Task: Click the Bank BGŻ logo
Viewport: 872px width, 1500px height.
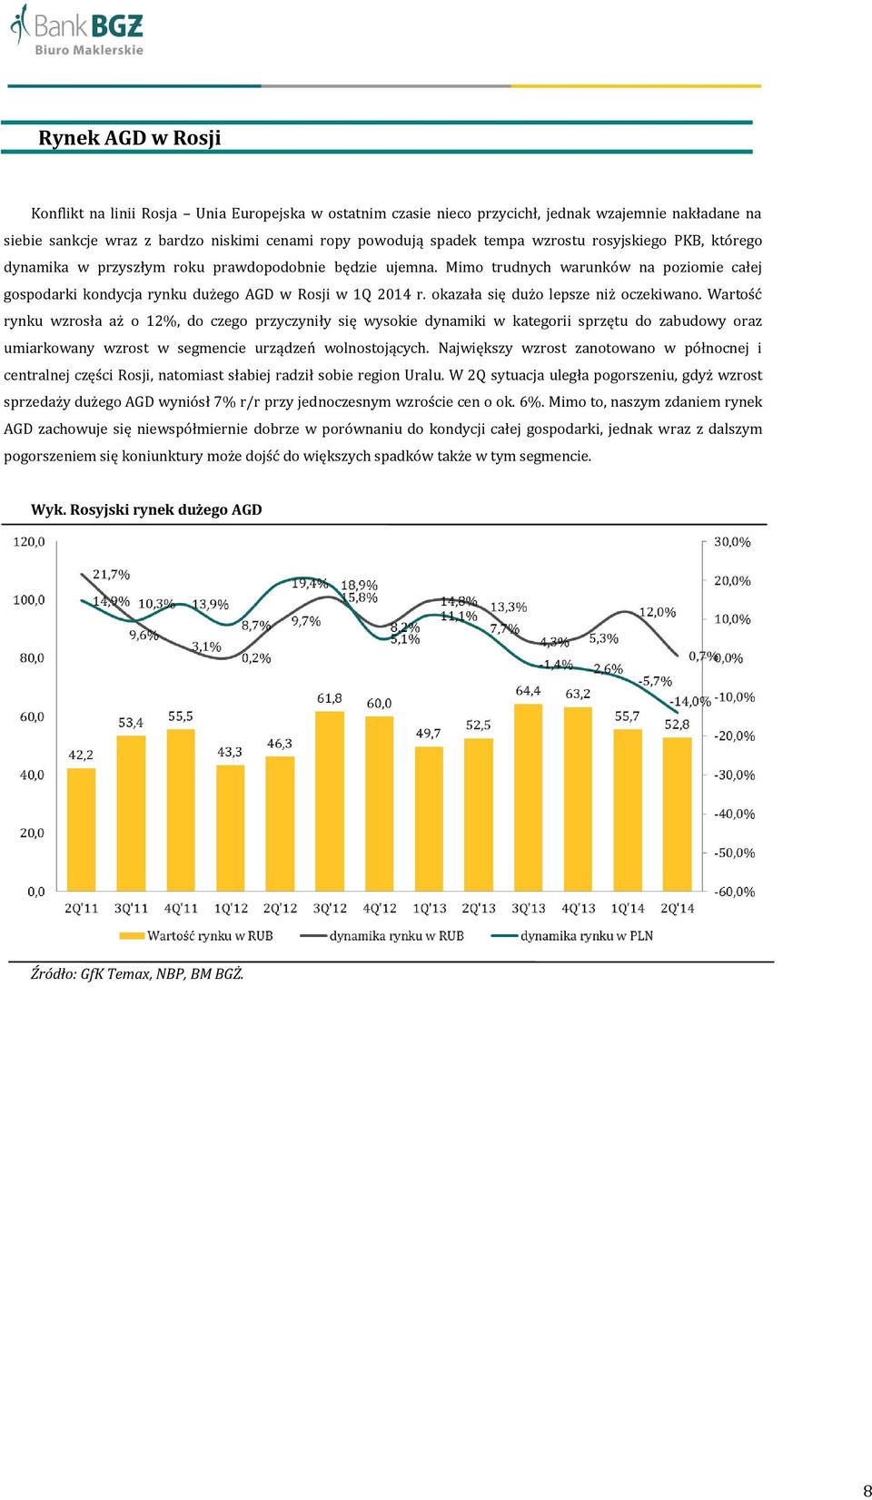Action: coord(76,29)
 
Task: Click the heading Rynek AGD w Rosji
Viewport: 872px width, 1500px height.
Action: coord(129,138)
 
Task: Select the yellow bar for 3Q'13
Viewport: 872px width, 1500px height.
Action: coord(529,797)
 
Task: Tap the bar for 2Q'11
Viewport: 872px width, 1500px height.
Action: coord(81,829)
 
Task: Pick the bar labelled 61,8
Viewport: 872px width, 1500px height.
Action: coord(330,801)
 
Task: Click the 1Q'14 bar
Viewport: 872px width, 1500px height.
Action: coord(628,810)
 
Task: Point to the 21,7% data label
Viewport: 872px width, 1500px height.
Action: coord(111,574)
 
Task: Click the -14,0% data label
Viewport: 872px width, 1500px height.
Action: coord(690,701)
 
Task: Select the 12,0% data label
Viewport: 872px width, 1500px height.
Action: coord(657,612)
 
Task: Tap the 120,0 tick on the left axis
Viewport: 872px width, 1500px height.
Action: coord(29,542)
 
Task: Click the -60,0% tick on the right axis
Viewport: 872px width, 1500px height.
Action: coord(734,892)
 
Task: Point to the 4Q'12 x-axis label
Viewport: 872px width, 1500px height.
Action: coord(379,909)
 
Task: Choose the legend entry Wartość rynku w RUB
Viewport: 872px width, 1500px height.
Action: coord(195,935)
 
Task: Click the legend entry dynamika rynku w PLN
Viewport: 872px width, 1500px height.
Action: coord(572,935)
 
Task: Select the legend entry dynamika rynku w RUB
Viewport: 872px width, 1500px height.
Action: coord(381,935)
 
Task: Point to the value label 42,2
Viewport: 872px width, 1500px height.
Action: coord(81,755)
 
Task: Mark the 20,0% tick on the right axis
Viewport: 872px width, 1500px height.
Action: coord(732,580)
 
